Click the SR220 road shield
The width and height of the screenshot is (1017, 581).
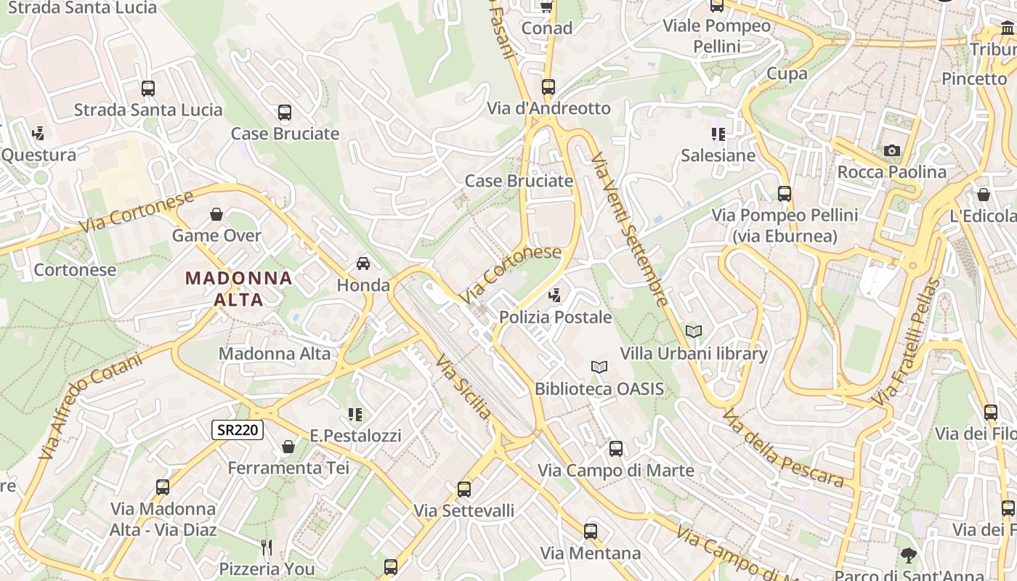(x=238, y=430)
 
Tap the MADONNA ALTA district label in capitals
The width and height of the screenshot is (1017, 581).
(x=239, y=288)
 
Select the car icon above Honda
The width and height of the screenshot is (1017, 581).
(x=363, y=263)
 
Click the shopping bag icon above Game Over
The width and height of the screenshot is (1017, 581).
(x=216, y=214)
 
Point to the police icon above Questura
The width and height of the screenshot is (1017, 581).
(x=38, y=133)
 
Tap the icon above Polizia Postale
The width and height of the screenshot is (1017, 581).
(x=555, y=295)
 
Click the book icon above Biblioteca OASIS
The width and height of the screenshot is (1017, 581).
(x=599, y=367)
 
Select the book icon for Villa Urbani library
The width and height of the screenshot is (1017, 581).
(x=694, y=331)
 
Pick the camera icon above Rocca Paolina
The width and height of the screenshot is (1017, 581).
(x=891, y=150)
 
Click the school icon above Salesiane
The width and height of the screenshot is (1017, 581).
(x=718, y=134)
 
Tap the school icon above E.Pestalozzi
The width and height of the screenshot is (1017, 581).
(x=354, y=414)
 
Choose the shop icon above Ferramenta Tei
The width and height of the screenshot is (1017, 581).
(x=288, y=446)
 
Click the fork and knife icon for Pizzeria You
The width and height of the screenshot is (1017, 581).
(x=267, y=547)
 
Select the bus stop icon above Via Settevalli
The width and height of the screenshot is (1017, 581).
(x=463, y=489)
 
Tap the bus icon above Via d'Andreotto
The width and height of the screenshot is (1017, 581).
(x=548, y=87)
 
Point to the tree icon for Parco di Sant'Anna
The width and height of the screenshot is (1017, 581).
(x=908, y=556)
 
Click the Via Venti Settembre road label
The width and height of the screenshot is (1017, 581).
(x=630, y=229)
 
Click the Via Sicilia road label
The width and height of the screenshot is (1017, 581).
(x=463, y=386)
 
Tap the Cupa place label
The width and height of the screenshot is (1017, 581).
(x=787, y=73)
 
